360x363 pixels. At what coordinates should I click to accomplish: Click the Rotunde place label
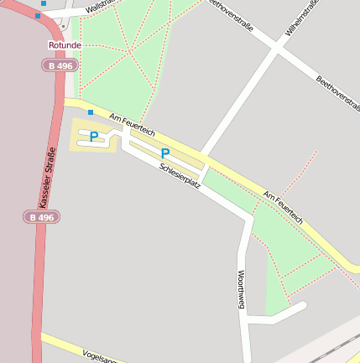coord(65,44)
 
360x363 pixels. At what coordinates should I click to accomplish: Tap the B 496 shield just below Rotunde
coord(57,65)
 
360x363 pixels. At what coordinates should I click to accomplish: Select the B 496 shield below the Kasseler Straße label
coord(41,217)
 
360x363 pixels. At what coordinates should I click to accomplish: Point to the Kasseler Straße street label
coord(47,177)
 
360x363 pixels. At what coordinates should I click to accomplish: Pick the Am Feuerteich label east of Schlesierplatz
coord(282,205)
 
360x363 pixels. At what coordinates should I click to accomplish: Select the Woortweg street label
coord(242,288)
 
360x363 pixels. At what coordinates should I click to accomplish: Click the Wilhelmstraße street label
coord(301,18)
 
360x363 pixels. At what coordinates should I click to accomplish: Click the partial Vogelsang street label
coord(102,356)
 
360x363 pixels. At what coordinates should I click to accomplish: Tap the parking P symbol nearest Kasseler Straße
coord(94,136)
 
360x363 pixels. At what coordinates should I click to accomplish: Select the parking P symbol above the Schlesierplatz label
coord(164,153)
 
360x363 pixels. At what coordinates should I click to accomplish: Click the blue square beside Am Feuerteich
coord(91,111)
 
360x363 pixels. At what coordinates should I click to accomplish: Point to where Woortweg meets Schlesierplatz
coord(248,220)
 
